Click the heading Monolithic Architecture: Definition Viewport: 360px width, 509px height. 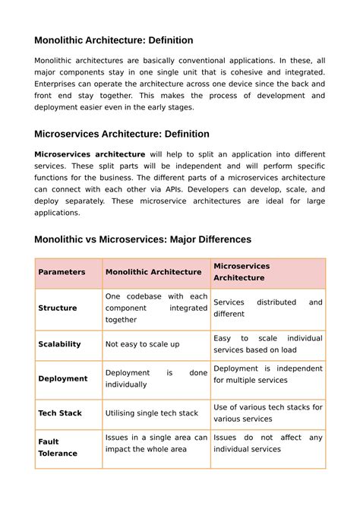pyautogui.click(x=114, y=40)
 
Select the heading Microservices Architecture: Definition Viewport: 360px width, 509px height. pyautogui.click(x=122, y=134)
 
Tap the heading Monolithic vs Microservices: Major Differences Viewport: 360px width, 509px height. pyautogui.click(x=143, y=239)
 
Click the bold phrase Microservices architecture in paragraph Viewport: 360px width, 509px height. pyautogui.click(x=90, y=154)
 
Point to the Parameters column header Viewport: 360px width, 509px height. pyautogui.click(x=62, y=272)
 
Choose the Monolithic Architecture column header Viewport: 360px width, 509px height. pyautogui.click(x=153, y=272)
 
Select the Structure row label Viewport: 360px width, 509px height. pyautogui.click(x=58, y=308)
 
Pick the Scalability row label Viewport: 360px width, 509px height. pyautogui.click(x=59, y=344)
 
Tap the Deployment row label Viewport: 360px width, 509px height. pyautogui.click(x=62, y=378)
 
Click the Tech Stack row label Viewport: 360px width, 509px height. pyautogui.click(x=60, y=413)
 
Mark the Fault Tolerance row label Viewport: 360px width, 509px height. pyautogui.click(x=58, y=447)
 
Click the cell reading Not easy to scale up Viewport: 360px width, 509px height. pyautogui.click(x=143, y=344)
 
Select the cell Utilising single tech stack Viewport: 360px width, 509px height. pyautogui.click(x=152, y=413)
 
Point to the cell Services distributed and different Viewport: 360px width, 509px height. pyautogui.click(x=267, y=308)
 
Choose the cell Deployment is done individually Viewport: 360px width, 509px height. pyautogui.click(x=156, y=378)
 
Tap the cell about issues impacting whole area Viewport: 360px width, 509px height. pyautogui.click(x=156, y=444)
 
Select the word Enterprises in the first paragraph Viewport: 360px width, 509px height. pyautogui.click(x=60, y=84)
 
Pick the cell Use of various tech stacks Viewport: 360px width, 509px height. pyautogui.click(x=267, y=413)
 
